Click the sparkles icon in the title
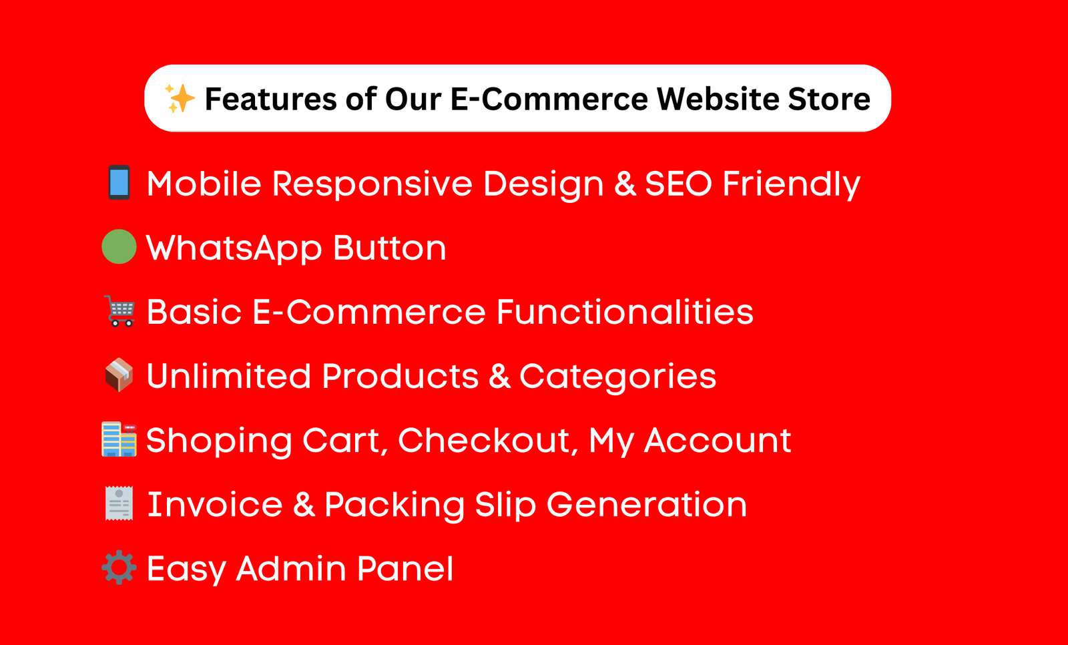coord(180,99)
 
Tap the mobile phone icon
coord(119,183)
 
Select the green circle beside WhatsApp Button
coord(119,247)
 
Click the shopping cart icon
coord(121,311)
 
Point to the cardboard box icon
coord(119,375)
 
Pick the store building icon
coord(119,439)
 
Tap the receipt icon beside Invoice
coord(119,503)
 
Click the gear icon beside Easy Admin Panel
coord(119,568)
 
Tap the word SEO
coord(678,183)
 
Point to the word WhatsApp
coord(234,248)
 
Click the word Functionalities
coord(625,311)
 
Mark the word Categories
coord(617,377)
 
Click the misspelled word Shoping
coord(219,441)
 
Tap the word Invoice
coord(214,504)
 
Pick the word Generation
coord(646,504)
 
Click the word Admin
coord(291,568)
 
